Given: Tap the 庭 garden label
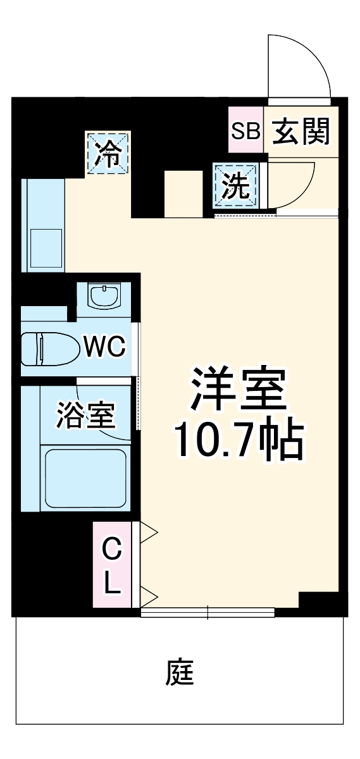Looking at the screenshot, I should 180,673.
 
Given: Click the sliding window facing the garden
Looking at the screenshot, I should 208,612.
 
